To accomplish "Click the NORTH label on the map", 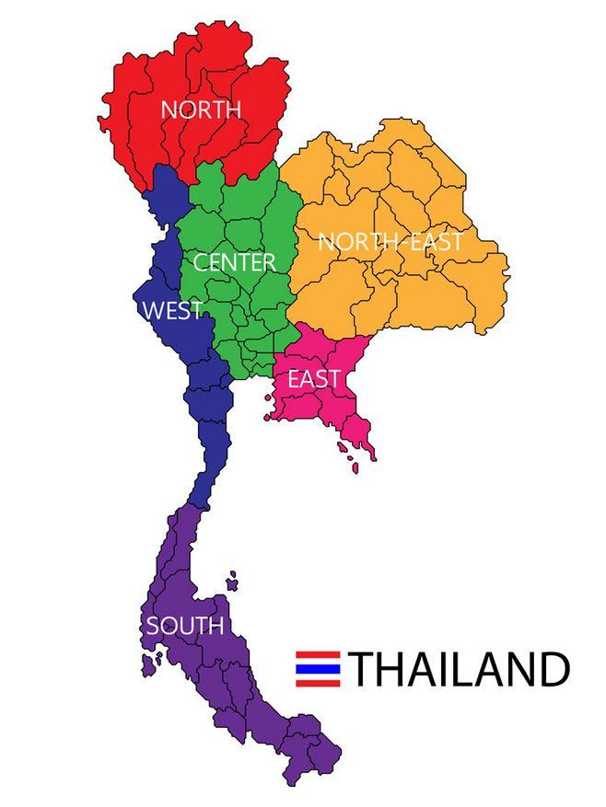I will [201, 110].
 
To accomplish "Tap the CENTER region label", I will [234, 262].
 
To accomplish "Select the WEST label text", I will [172, 311].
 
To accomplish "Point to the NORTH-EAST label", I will [390, 242].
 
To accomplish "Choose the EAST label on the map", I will [314, 379].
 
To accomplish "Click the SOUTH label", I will [185, 627].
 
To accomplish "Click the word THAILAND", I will [459, 669].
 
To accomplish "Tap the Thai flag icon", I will [318, 669].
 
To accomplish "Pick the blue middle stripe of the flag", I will [318, 669].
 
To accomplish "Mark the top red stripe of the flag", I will [318, 654].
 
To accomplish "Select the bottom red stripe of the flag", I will [318, 684].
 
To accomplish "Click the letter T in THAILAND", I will [363, 669].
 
